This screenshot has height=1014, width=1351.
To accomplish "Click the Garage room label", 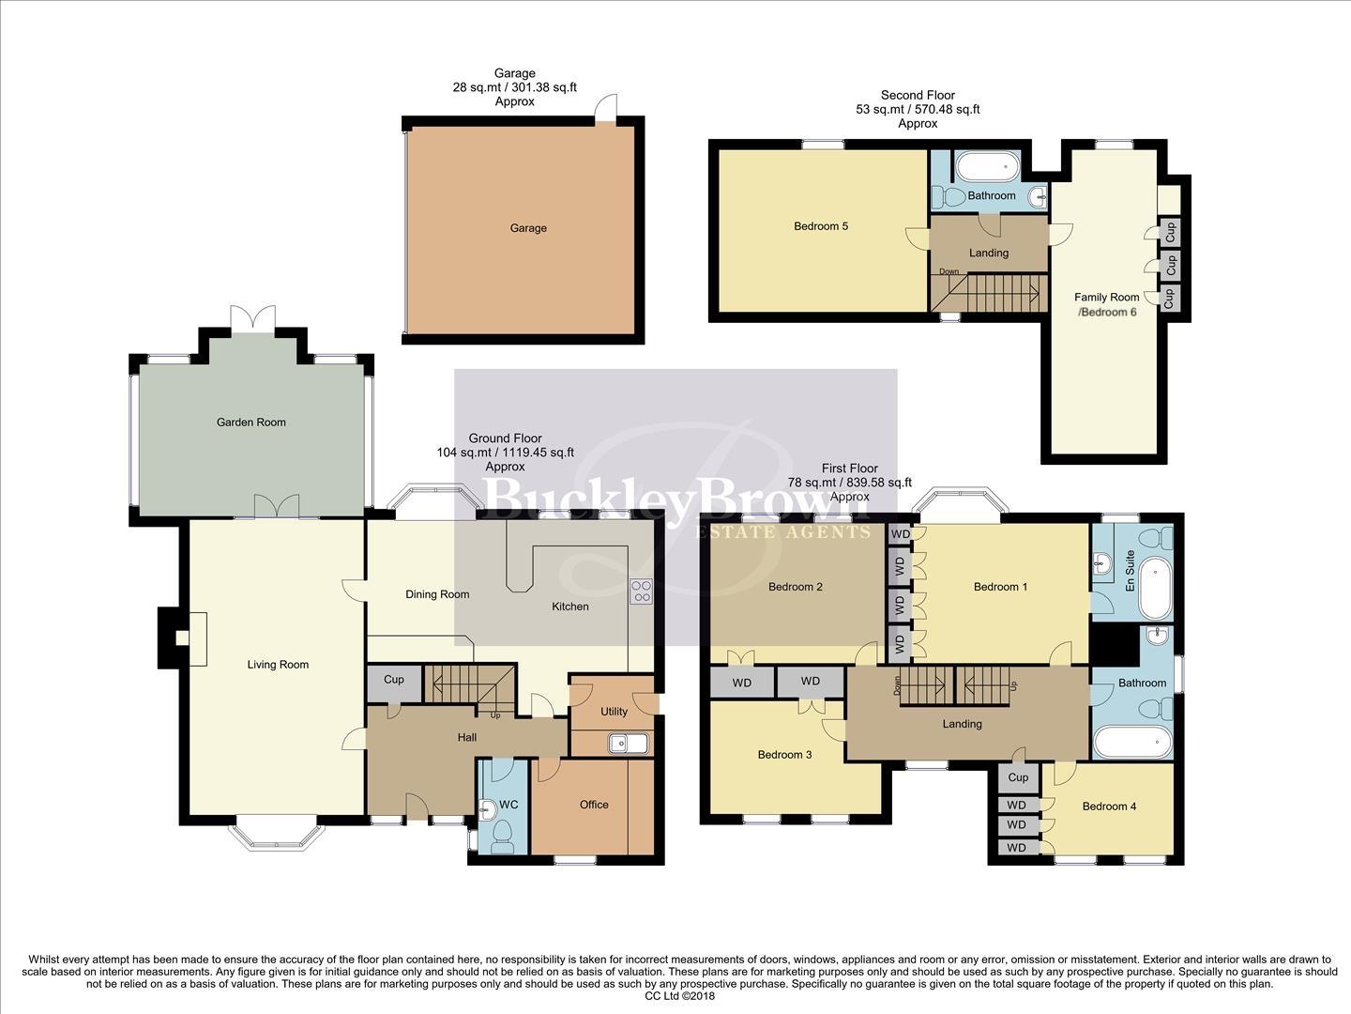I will pos(528,228).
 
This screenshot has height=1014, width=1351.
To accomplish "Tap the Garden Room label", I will pos(250,422).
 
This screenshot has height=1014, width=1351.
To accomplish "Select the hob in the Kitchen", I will pos(642,591).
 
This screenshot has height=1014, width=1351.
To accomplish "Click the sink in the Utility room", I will pos(627,744).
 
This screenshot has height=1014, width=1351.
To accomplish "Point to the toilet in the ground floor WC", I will pos(502,833).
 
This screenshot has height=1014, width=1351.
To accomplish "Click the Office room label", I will pos(594,805).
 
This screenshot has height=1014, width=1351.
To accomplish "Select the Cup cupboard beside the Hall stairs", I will pos(394,680).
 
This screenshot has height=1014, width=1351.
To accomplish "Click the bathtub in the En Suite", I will pos(1159,588).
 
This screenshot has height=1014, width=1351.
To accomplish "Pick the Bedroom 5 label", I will pos(821,226).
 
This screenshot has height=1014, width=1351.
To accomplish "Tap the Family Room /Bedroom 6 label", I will pos(1107,304).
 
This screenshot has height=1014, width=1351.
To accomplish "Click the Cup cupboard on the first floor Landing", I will pos(1018,777).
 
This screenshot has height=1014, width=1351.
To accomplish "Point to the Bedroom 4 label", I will pos(1109,807).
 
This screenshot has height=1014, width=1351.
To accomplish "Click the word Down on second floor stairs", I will pos(949,272).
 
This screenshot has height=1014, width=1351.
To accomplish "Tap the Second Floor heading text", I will pos(918,95).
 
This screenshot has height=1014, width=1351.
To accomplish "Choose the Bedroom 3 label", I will pos(785,755).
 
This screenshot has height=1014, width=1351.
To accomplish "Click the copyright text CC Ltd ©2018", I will pos(680,996).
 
